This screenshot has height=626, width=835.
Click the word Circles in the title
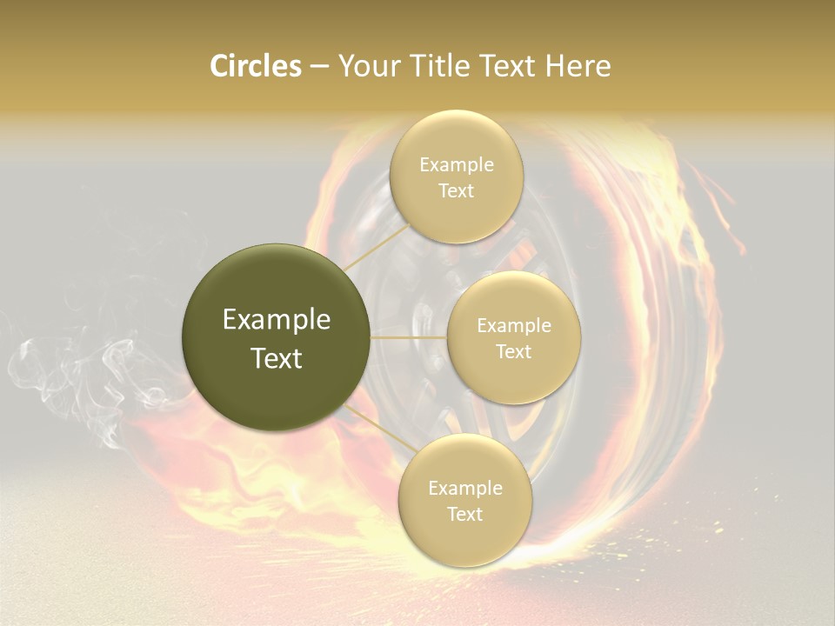[255, 66]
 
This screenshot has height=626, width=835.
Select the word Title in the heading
[444, 66]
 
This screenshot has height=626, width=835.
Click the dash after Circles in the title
[319, 67]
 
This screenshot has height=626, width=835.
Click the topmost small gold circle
[456, 176]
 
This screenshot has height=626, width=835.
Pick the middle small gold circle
[513, 337]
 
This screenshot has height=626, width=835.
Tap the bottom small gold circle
[464, 500]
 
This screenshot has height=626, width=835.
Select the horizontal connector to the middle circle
[409, 337]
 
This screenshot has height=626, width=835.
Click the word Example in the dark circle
[277, 319]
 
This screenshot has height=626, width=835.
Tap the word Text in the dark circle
[277, 357]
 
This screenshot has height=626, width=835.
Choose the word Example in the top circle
[456, 164]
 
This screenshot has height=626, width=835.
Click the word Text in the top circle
[456, 190]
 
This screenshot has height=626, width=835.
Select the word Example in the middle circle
[513, 325]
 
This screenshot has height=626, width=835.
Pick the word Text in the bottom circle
[464, 514]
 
